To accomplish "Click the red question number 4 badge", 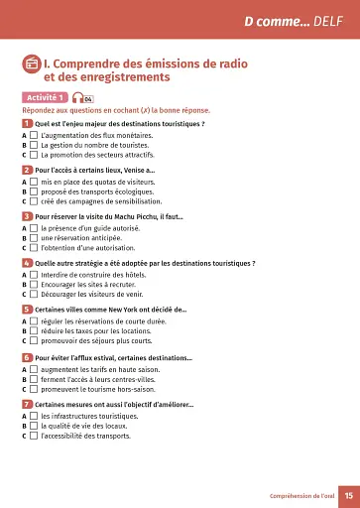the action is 26,263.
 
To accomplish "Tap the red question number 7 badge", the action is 26,404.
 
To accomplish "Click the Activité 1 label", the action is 45,97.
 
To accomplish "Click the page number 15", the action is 348,495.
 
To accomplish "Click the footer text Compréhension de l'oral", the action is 300,495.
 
